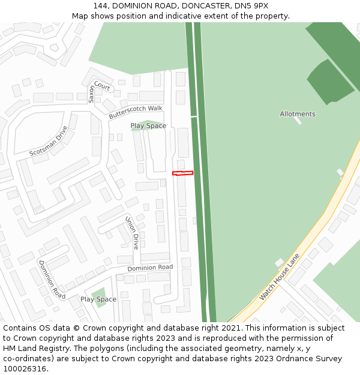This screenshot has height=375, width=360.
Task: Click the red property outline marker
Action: click(x=183, y=173)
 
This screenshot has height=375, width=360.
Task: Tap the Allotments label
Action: click(x=298, y=114)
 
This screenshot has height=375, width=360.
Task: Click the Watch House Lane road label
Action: click(x=279, y=277)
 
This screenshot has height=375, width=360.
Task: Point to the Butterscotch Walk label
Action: click(x=136, y=112)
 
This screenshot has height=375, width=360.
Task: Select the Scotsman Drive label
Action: click(x=49, y=141)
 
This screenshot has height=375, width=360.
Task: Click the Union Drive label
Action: click(x=132, y=233)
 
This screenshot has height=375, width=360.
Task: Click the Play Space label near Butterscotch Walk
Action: click(x=148, y=126)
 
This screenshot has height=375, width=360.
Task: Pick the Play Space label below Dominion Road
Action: click(x=98, y=299)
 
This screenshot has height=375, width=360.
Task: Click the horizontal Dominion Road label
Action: click(x=150, y=268)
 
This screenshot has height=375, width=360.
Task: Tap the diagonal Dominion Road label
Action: click(x=52, y=280)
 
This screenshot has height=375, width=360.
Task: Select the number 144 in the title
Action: click(x=101, y=6)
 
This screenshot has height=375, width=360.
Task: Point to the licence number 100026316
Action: click(x=23, y=369)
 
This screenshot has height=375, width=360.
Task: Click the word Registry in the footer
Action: click(x=58, y=349)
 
